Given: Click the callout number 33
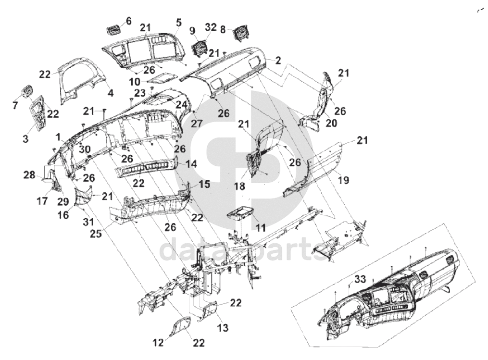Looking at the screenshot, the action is tap(360, 279).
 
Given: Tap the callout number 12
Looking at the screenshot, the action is tap(158, 343).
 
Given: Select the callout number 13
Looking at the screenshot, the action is tap(223, 327).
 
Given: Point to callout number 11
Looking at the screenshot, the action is tap(261, 228).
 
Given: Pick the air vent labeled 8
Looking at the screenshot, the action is tap(241, 33).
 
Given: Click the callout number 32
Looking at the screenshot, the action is tap(211, 27).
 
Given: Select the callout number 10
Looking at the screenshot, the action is tap(135, 82).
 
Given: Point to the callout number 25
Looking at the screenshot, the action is tap(96, 233).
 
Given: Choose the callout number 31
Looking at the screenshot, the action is tap(88, 222).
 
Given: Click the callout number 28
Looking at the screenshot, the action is tap(29, 175).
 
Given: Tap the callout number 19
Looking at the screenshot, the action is tap(343, 180).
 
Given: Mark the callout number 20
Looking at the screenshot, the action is tap(331, 123).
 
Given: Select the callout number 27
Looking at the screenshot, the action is tap(197, 124).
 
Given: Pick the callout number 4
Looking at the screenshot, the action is tap(111, 93).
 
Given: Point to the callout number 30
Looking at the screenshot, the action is tap(85, 149).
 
